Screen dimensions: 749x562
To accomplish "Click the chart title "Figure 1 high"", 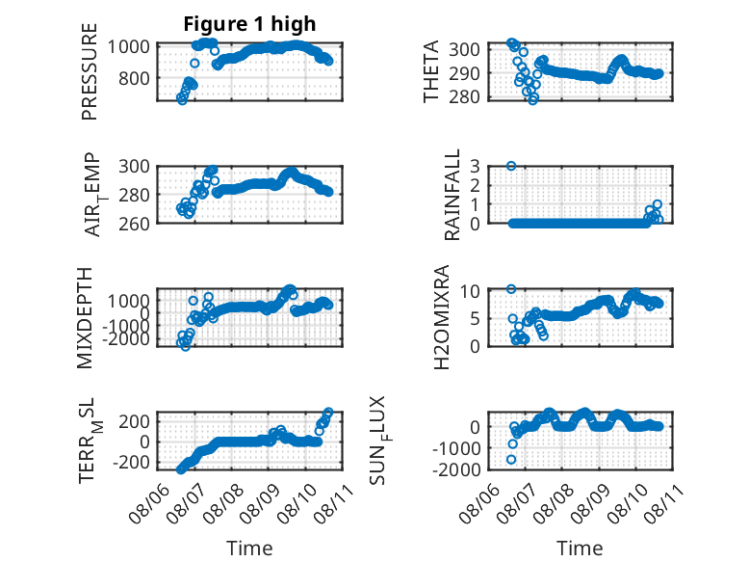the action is click(249, 24).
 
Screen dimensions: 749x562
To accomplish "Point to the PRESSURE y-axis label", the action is click(90, 71).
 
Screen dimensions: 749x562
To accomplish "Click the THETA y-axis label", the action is click(431, 71).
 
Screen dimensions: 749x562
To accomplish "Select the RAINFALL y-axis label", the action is click(452, 194).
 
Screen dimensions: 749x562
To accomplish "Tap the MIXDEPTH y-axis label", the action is click(85, 317).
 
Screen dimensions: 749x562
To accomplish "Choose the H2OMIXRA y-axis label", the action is click(441, 317).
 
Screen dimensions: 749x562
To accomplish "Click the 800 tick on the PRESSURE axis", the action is click(134, 78).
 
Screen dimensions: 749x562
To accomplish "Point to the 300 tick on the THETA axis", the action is click(464, 49).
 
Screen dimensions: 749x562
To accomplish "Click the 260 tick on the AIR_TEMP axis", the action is click(134, 224).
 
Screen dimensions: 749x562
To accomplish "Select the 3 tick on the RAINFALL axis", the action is click(475, 167).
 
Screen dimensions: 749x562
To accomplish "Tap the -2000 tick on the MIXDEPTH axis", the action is click(128, 339).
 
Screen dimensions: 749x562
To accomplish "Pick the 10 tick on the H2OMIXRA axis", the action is click(470, 290).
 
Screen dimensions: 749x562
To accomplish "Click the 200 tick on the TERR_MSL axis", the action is click(134, 421).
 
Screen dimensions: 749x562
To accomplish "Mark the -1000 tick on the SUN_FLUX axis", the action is click(456, 448).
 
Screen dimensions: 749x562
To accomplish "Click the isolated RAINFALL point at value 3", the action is click(511, 166).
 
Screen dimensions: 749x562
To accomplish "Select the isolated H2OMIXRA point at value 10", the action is click(511, 289).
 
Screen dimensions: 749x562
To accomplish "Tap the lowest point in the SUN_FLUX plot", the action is click(511, 460).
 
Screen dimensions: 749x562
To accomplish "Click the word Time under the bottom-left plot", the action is click(249, 549).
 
